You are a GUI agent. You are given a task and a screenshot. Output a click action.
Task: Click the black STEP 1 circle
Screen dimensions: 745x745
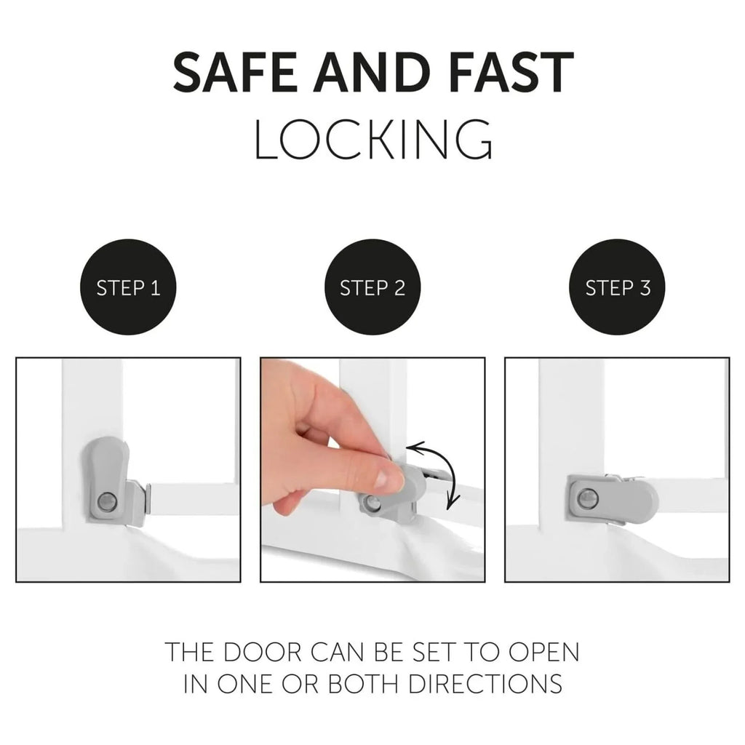pos(128,287)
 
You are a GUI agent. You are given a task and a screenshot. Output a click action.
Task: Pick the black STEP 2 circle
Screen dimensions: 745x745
pos(372,287)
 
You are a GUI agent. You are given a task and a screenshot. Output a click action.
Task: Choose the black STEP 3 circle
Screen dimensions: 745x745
pos(618,287)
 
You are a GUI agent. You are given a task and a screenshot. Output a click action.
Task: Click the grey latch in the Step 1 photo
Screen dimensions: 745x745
pos(111,480)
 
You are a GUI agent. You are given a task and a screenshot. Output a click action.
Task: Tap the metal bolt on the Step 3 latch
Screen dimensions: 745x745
pos(587,498)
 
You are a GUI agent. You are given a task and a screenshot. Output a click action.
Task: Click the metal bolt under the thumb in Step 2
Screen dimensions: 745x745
pos(372,503)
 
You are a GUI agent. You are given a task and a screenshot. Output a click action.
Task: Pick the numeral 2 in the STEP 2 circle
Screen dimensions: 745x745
pos(399,288)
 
